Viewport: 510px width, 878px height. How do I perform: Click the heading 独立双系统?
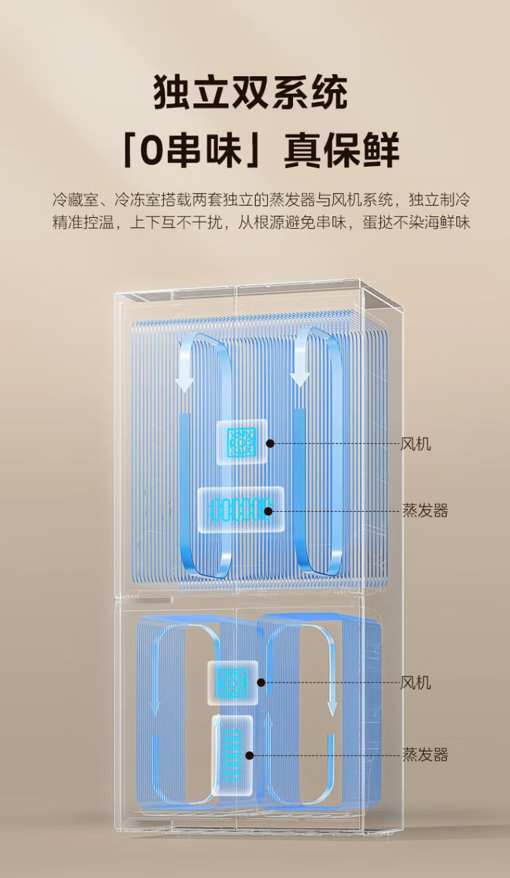tap(250, 93)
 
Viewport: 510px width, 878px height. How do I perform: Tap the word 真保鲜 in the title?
tap(341, 150)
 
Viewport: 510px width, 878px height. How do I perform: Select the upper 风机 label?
tap(415, 444)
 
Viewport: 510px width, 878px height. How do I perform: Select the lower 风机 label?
tap(415, 683)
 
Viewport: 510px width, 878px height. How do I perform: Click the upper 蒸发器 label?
tap(425, 510)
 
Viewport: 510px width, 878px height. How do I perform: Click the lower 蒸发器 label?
tap(425, 755)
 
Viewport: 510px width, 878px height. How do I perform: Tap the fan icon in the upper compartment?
tap(241, 442)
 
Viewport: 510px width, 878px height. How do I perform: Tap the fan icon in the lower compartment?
tap(233, 683)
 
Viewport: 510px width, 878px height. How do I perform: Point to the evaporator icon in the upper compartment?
tap(240, 510)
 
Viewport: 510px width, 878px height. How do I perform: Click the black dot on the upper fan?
tap(270, 444)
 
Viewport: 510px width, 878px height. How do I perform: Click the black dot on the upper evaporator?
tap(269, 511)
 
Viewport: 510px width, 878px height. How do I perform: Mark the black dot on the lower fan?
tap(261, 683)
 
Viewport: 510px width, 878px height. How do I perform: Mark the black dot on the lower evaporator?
tap(250, 755)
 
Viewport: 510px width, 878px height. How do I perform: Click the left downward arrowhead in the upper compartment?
tap(185, 379)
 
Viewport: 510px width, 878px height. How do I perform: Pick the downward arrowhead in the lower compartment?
tap(332, 709)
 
